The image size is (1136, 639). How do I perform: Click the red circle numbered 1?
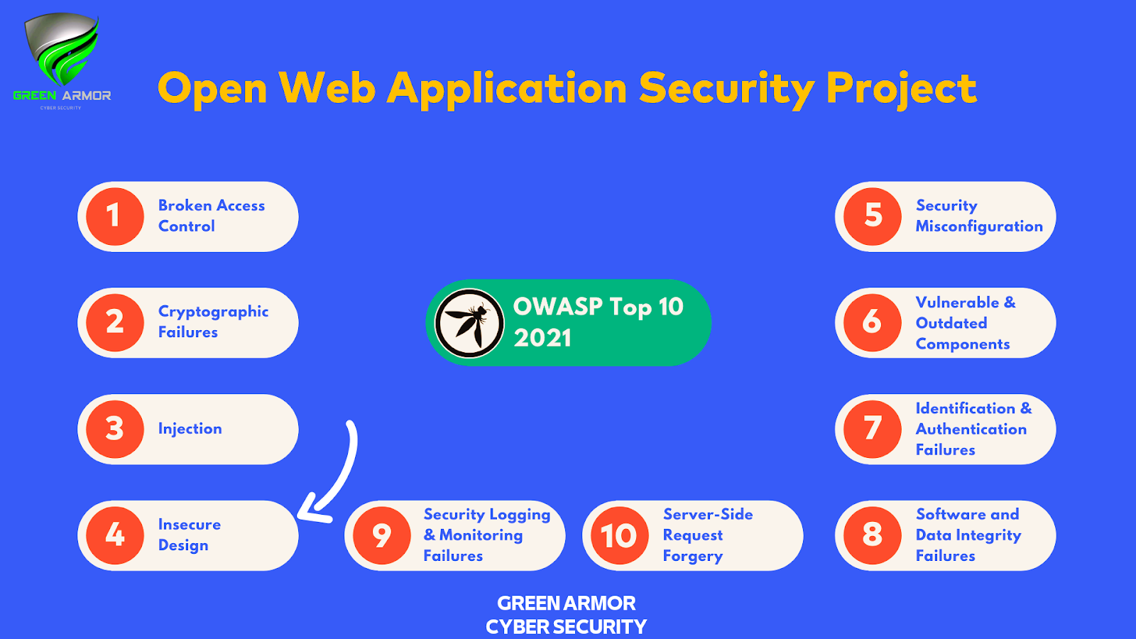tap(115, 217)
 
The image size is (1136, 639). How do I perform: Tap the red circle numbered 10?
tap(619, 535)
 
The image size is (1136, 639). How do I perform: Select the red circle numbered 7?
tap(873, 429)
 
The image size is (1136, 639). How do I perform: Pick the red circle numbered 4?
tap(115, 535)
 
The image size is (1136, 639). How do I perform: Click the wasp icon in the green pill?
tap(469, 322)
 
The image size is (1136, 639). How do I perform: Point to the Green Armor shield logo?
tap(62, 50)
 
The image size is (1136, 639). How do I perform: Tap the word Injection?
tap(190, 429)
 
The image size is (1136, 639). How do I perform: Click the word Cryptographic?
tap(213, 312)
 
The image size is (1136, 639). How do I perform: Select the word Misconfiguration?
tap(978, 226)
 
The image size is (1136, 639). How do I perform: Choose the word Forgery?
tap(692, 556)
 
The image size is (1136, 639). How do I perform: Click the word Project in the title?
tap(901, 89)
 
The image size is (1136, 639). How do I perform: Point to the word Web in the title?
tap(327, 89)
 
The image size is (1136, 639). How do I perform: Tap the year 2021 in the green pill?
tap(542, 338)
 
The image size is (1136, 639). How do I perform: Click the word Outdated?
tap(951, 323)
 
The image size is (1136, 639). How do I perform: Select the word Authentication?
tap(971, 429)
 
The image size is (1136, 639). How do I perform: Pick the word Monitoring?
tap(481, 535)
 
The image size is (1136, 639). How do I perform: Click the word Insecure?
tap(189, 525)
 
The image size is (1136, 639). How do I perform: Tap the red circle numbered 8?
tap(873, 535)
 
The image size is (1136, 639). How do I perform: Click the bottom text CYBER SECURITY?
tap(566, 627)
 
